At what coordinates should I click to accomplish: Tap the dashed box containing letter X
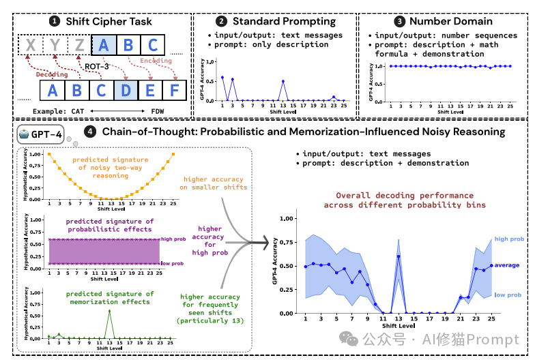click(30, 46)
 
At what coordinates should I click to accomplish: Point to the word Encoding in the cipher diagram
click(156, 60)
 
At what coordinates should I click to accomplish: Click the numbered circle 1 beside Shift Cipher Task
click(55, 21)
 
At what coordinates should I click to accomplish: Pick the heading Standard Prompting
click(282, 21)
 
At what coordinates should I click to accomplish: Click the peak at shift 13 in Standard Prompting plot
click(283, 81)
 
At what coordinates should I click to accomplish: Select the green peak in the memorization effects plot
click(110, 311)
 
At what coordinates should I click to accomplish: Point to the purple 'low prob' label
click(173, 263)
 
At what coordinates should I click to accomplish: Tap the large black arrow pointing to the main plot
click(256, 241)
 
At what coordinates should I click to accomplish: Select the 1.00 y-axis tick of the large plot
click(287, 219)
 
